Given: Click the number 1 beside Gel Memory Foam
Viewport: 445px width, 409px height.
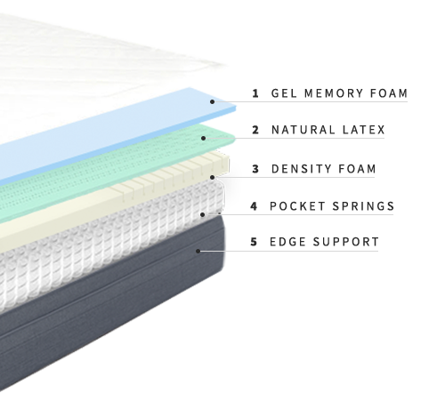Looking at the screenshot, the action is click(255, 93).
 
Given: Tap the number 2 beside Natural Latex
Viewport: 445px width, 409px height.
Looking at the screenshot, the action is click(255, 130).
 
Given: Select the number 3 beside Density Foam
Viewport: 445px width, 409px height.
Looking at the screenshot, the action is click(255, 169).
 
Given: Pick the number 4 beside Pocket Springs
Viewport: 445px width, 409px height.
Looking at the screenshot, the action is click(254, 206).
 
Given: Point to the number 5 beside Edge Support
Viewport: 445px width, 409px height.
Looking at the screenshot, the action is click(254, 242).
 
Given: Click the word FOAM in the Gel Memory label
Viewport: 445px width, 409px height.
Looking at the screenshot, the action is click(389, 93).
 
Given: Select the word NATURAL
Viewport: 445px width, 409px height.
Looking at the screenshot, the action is click(303, 130).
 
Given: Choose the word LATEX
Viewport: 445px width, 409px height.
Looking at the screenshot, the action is click(363, 130).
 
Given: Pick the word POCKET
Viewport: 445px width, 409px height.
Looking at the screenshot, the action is click(297, 206).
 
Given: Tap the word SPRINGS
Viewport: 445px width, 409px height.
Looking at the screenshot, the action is click(363, 206).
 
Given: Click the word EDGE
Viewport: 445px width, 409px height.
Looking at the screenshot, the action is click(287, 242).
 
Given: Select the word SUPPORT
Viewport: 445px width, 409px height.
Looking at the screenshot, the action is click(346, 242).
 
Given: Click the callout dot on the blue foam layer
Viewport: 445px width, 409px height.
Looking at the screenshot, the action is click(212, 101).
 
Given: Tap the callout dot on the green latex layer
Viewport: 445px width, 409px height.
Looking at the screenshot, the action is click(203, 138).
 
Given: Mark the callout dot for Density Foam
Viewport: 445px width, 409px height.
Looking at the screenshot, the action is click(212, 177).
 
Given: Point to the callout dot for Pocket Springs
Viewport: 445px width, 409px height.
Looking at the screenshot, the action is click(203, 214).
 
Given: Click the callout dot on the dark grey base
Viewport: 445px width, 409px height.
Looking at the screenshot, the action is click(198, 251).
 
